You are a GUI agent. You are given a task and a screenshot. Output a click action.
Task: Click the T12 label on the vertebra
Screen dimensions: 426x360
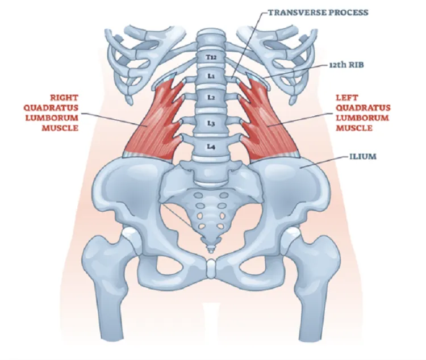211,57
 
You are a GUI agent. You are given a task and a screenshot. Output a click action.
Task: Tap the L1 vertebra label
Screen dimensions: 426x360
211,76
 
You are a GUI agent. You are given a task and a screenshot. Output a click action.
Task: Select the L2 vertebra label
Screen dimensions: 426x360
211,97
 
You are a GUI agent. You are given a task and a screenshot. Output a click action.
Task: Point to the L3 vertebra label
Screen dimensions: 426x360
211,123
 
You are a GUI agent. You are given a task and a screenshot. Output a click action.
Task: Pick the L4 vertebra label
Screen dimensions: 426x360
211,147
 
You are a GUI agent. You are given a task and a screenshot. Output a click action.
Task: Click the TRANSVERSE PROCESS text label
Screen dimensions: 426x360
318,12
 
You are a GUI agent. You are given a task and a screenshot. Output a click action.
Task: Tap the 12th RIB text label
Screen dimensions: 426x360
346,65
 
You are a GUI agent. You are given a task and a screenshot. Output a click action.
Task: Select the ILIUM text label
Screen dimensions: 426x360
363,157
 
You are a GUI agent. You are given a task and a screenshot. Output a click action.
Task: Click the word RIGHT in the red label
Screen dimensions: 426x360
64,98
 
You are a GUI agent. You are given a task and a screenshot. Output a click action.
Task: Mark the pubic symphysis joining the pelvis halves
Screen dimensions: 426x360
211,269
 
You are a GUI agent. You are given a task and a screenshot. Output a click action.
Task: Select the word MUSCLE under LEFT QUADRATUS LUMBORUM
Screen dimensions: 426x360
354,128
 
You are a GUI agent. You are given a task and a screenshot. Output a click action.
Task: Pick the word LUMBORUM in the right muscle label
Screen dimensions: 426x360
52,118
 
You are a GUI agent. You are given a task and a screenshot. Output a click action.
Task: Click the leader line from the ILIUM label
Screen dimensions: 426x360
324,162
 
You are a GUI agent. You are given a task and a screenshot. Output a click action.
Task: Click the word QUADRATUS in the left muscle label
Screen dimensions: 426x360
363,108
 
